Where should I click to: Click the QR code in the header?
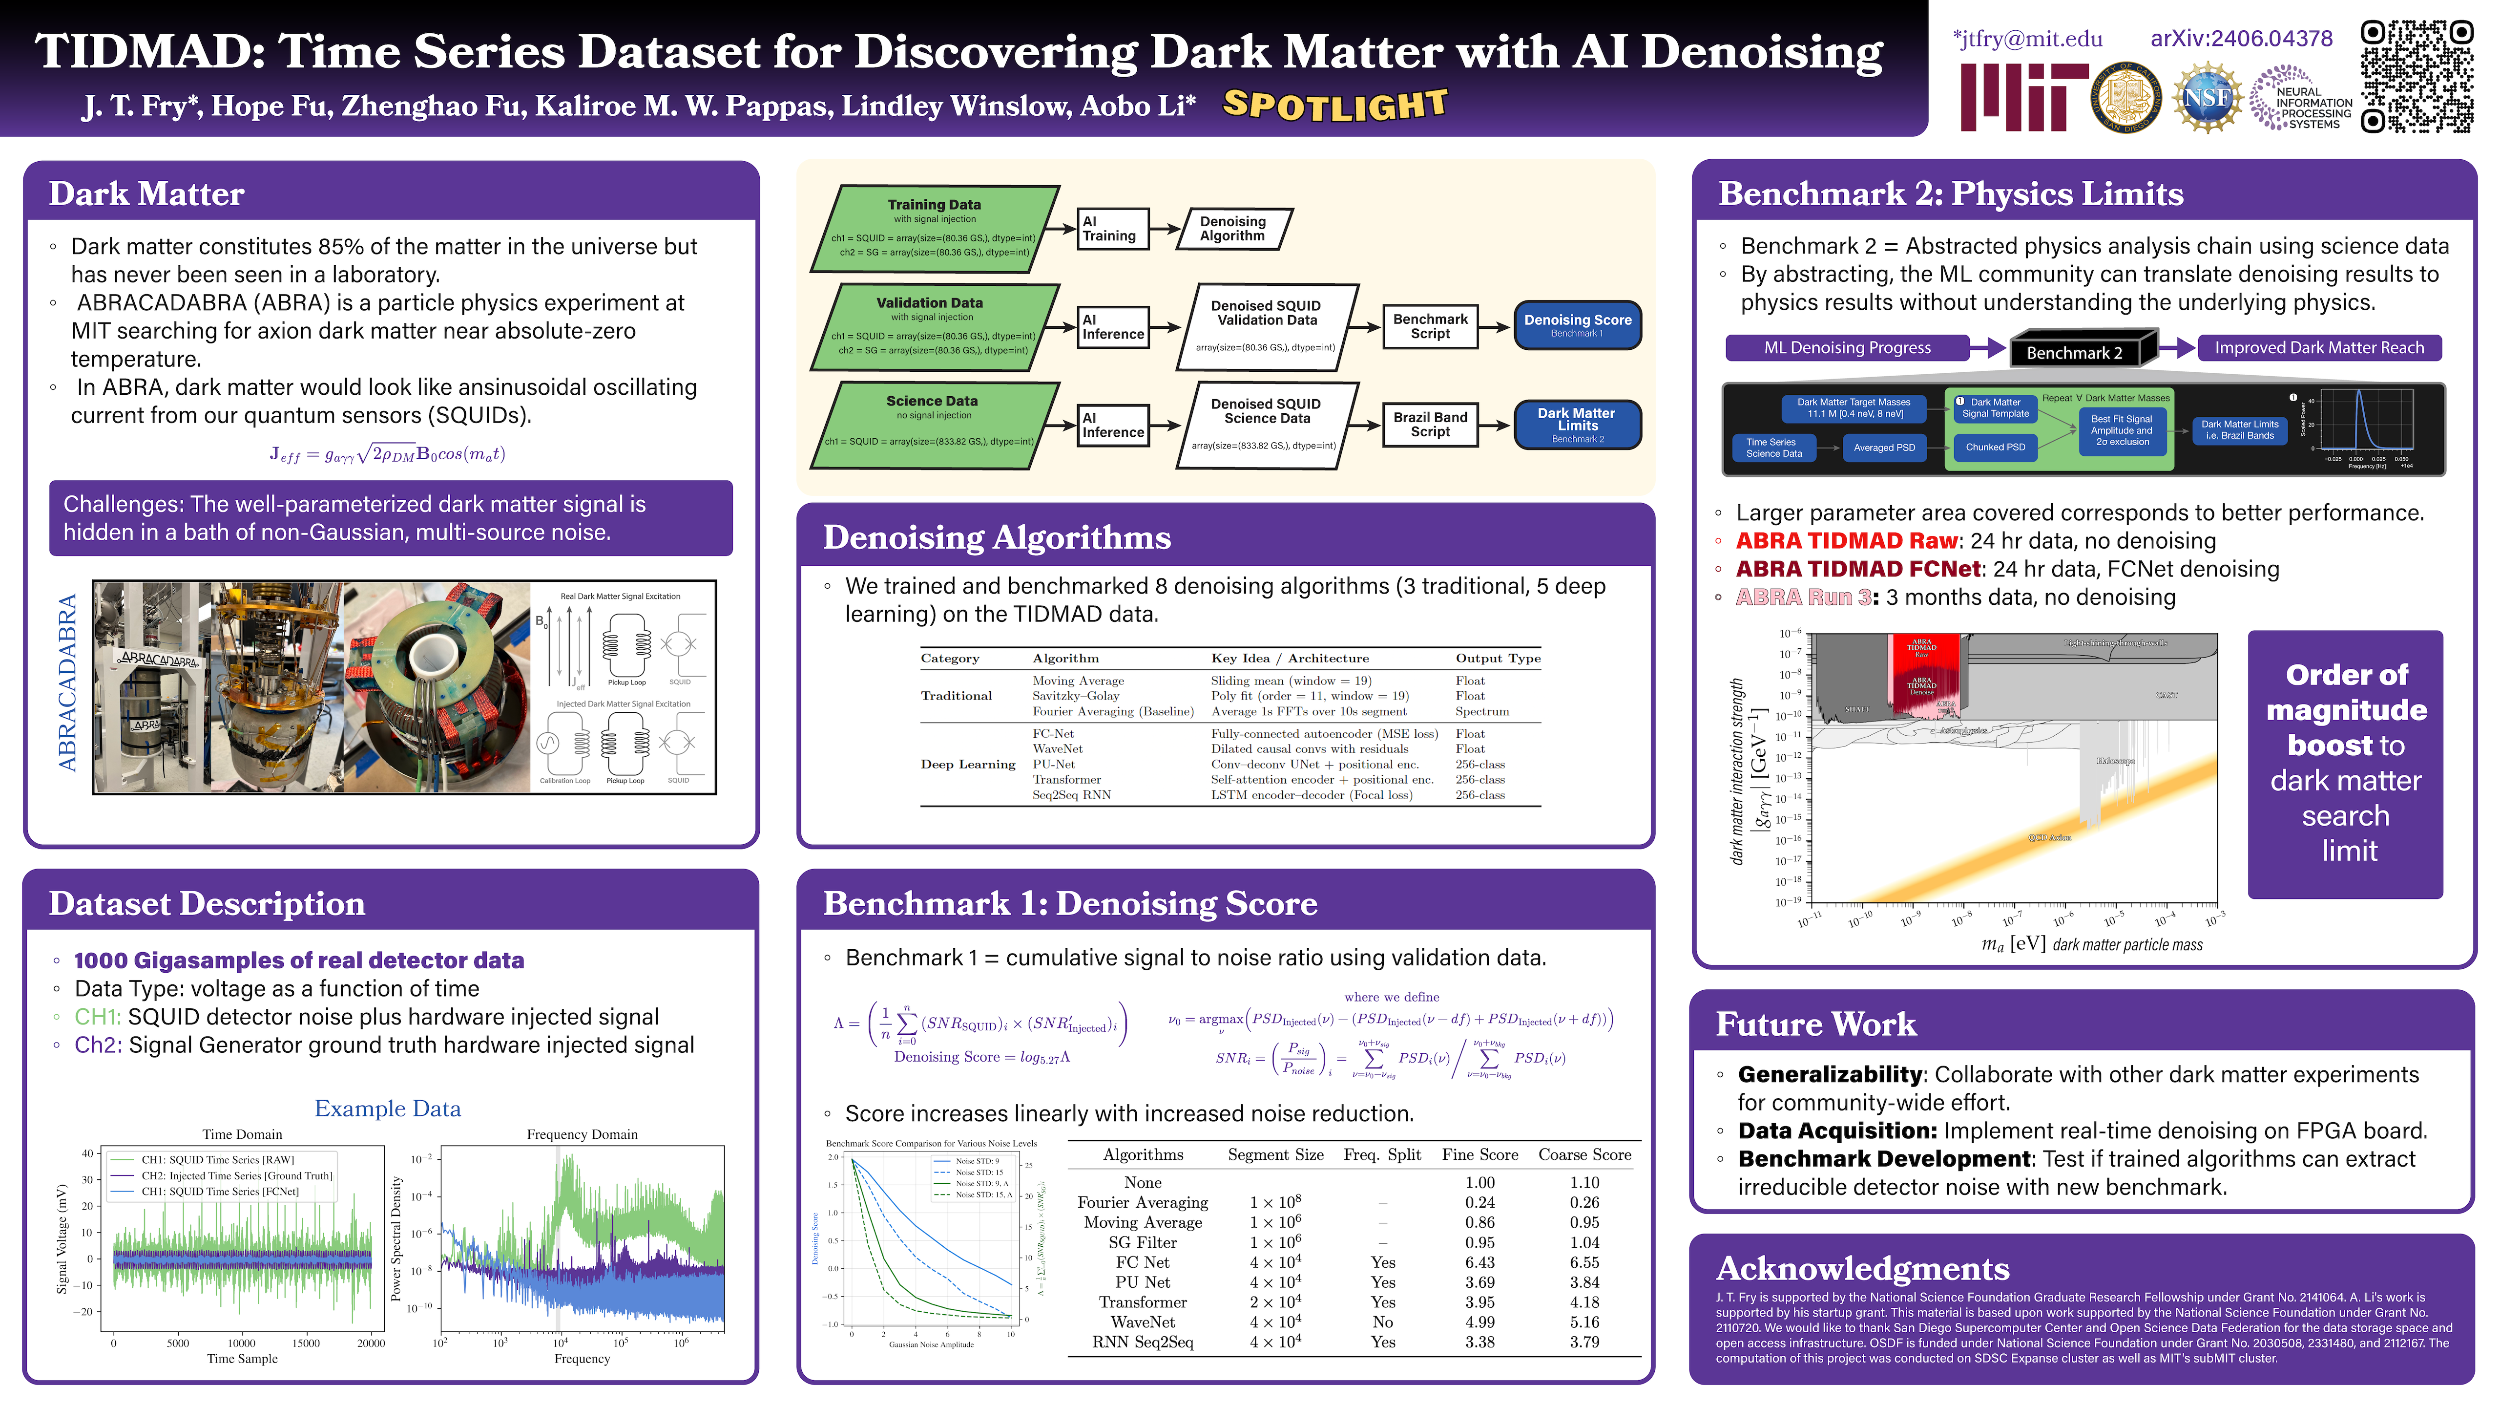point(2417,76)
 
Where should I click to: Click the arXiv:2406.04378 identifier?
point(2241,39)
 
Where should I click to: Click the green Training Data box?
point(934,228)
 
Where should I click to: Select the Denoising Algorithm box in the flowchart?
point(1232,228)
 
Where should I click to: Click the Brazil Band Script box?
point(1430,425)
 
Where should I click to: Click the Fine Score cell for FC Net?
point(1479,1262)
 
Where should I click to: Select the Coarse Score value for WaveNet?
point(1584,1322)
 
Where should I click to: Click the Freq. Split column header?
point(1382,1154)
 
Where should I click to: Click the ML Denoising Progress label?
point(1847,348)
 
